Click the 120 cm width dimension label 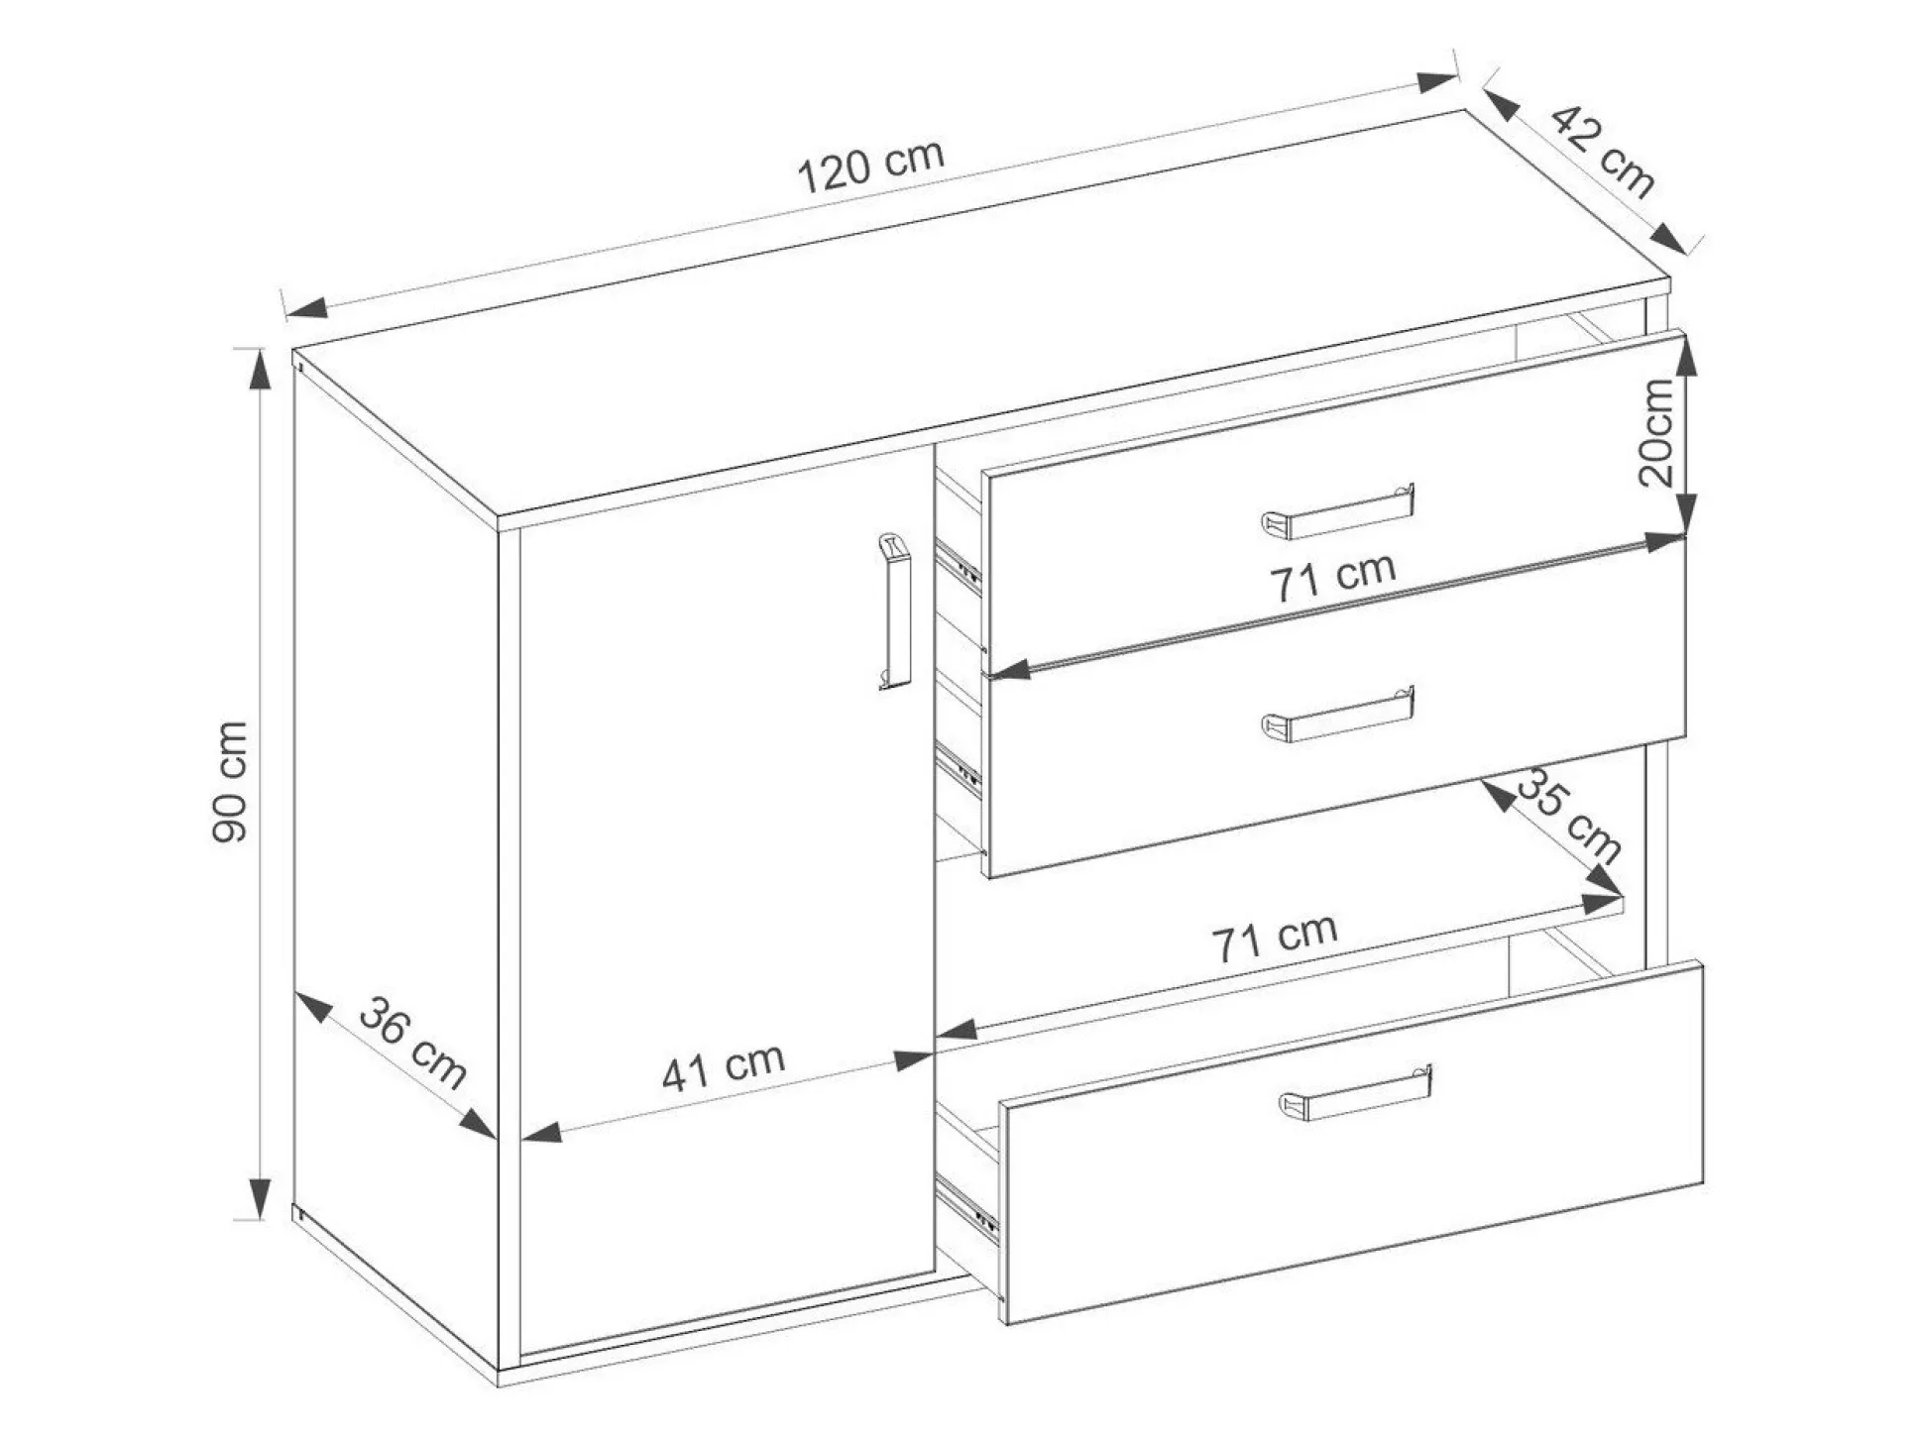871,167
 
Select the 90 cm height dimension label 230,783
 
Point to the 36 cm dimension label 412,1043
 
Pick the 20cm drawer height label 1656,433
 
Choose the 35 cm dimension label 1569,815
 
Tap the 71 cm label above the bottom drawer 1275,938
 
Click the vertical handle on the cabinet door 894,610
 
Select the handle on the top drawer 1338,511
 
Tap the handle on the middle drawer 1338,714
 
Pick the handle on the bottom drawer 1355,1093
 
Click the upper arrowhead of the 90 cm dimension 259,370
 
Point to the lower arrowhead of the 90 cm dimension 259,1199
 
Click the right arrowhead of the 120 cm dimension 1437,82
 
